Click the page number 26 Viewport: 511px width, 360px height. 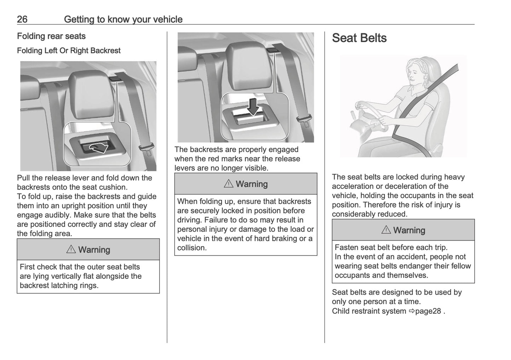pyautogui.click(x=22, y=19)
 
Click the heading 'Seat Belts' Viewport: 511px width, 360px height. pyautogui.click(x=359, y=38)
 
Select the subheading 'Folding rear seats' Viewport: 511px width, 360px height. pyautogui.click(x=51, y=36)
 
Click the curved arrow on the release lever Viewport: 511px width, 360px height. pyautogui.click(x=98, y=148)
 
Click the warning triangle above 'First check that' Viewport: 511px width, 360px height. pyautogui.click(x=71, y=250)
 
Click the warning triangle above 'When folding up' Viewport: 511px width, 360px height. pyautogui.click(x=228, y=184)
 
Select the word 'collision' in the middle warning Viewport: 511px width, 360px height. pyautogui.click(x=191, y=248)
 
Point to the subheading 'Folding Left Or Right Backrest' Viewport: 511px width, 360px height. pyautogui.click(x=69, y=51)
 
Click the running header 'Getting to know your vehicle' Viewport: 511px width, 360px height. pyautogui.click(x=123, y=19)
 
